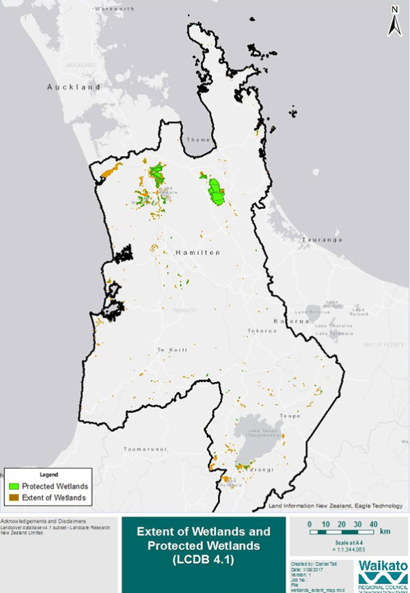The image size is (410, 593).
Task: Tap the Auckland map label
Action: click(x=74, y=87)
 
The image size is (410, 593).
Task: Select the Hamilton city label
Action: click(x=198, y=252)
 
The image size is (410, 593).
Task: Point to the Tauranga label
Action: click(x=322, y=240)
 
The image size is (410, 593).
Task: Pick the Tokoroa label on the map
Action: click(x=261, y=330)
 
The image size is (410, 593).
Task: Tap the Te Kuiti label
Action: click(x=171, y=350)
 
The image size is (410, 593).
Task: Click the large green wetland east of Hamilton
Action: click(x=218, y=192)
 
